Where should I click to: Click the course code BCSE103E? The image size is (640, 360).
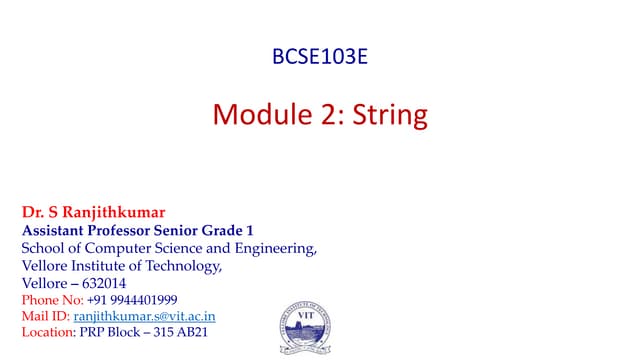[320, 56]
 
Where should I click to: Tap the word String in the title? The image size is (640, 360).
[391, 114]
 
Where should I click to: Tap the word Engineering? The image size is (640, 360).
[274, 248]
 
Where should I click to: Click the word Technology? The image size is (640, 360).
[183, 266]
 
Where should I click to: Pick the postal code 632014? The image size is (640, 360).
[101, 283]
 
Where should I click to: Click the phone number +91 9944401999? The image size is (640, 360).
[132, 300]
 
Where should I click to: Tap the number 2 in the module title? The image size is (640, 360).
[323, 114]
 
